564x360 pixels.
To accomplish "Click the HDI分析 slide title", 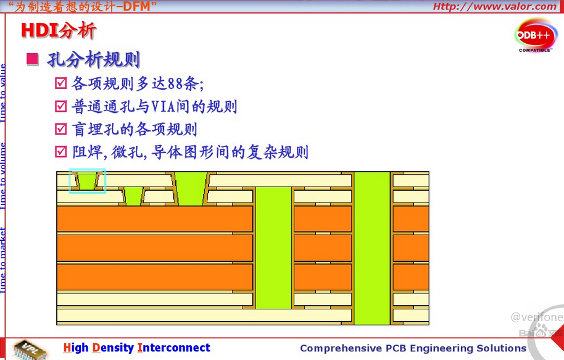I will [59, 30].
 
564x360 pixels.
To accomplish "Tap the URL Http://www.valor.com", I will [494, 7].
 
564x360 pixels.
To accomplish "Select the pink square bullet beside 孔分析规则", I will [32, 59].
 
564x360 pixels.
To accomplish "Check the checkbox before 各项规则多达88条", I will [60, 83].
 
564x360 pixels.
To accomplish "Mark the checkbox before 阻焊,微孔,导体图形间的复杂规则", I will [60, 151].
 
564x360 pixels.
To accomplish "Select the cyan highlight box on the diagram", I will [87, 181].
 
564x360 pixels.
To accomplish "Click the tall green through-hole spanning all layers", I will [371, 247].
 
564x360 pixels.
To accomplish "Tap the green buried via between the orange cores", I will [273, 247].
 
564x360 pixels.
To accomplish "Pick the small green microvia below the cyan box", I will [133, 197].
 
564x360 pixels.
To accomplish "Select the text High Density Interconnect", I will [136, 348].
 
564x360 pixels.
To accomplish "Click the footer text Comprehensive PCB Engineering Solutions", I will [413, 348].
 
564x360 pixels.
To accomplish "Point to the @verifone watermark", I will [536, 317].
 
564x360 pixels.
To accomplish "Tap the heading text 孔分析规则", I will [93, 60].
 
